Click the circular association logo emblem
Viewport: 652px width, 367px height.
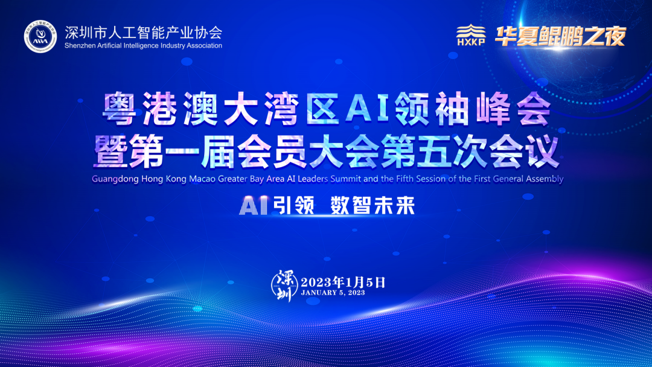[40, 37]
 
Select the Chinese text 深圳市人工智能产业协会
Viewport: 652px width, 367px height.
[144, 32]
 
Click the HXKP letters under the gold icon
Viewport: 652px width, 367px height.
[471, 42]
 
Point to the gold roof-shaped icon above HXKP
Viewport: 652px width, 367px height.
[471, 31]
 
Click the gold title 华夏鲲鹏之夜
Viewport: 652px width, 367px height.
[560, 36]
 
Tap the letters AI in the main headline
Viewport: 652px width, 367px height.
[368, 108]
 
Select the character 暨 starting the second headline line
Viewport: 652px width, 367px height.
[111, 153]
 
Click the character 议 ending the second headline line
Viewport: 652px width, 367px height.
[542, 153]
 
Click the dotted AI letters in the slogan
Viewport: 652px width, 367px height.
[253, 205]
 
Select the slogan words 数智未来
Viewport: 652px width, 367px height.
[372, 205]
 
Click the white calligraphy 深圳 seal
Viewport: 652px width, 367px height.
[284, 286]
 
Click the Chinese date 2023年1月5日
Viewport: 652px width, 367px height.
[343, 282]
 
